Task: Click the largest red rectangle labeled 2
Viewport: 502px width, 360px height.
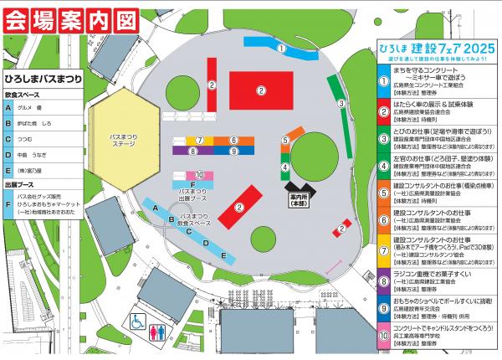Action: click(260, 90)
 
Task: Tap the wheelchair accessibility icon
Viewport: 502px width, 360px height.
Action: click(136, 321)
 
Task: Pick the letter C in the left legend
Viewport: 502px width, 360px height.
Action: click(8, 140)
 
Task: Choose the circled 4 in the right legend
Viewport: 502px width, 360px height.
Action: click(382, 160)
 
